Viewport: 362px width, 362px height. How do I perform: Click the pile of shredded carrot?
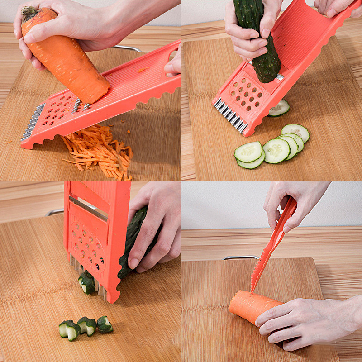pos(100,152)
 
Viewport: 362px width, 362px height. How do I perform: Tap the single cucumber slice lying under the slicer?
pos(279,109)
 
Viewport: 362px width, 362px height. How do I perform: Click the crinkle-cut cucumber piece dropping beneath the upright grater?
pos(87,282)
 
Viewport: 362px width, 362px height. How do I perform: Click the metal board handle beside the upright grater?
pos(54,211)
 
